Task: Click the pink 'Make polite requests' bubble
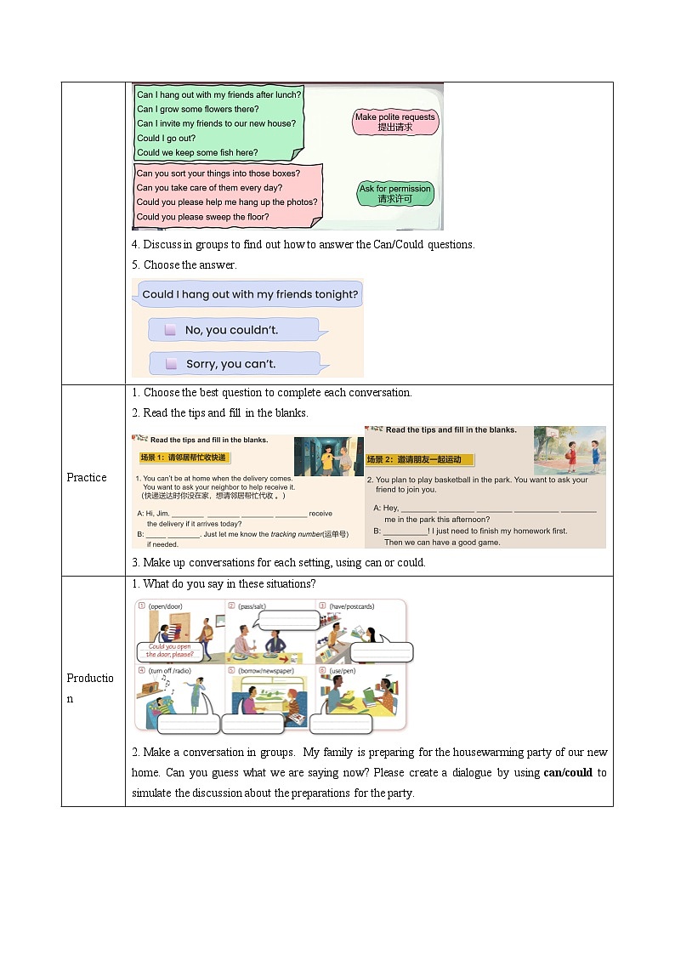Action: click(x=394, y=122)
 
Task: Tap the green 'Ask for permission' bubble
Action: click(x=395, y=194)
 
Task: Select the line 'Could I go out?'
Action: click(x=167, y=138)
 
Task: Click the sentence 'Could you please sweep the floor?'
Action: click(x=202, y=217)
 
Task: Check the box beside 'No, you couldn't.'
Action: click(x=170, y=330)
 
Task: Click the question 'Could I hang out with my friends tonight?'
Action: click(x=250, y=294)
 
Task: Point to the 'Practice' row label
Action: click(x=87, y=478)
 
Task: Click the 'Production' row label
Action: click(x=90, y=688)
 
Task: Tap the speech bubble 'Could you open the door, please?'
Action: click(x=170, y=651)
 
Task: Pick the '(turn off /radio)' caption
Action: click(x=171, y=671)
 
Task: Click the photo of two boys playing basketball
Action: click(x=570, y=451)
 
